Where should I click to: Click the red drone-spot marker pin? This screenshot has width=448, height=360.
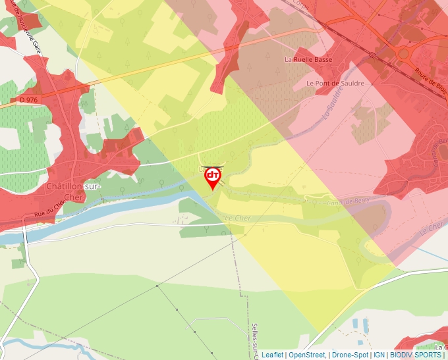(x=213, y=177)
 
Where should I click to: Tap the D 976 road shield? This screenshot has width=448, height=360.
(x=28, y=99)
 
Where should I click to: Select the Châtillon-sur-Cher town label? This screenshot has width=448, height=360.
(x=73, y=191)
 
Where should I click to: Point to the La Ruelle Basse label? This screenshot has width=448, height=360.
(x=308, y=59)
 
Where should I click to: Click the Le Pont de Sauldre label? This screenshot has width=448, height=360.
(x=335, y=84)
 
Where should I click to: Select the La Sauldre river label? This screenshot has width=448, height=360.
(x=333, y=106)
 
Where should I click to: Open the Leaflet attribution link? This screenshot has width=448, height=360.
(x=272, y=355)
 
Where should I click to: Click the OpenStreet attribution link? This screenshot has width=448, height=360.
(x=307, y=355)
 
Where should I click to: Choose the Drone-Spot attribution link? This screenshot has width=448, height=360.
(x=350, y=355)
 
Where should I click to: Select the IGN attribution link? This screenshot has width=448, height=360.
(x=379, y=355)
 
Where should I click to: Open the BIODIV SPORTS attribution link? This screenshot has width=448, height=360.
(x=416, y=355)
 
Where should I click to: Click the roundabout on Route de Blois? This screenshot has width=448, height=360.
(x=403, y=53)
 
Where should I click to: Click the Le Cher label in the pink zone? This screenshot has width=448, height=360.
(x=432, y=227)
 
